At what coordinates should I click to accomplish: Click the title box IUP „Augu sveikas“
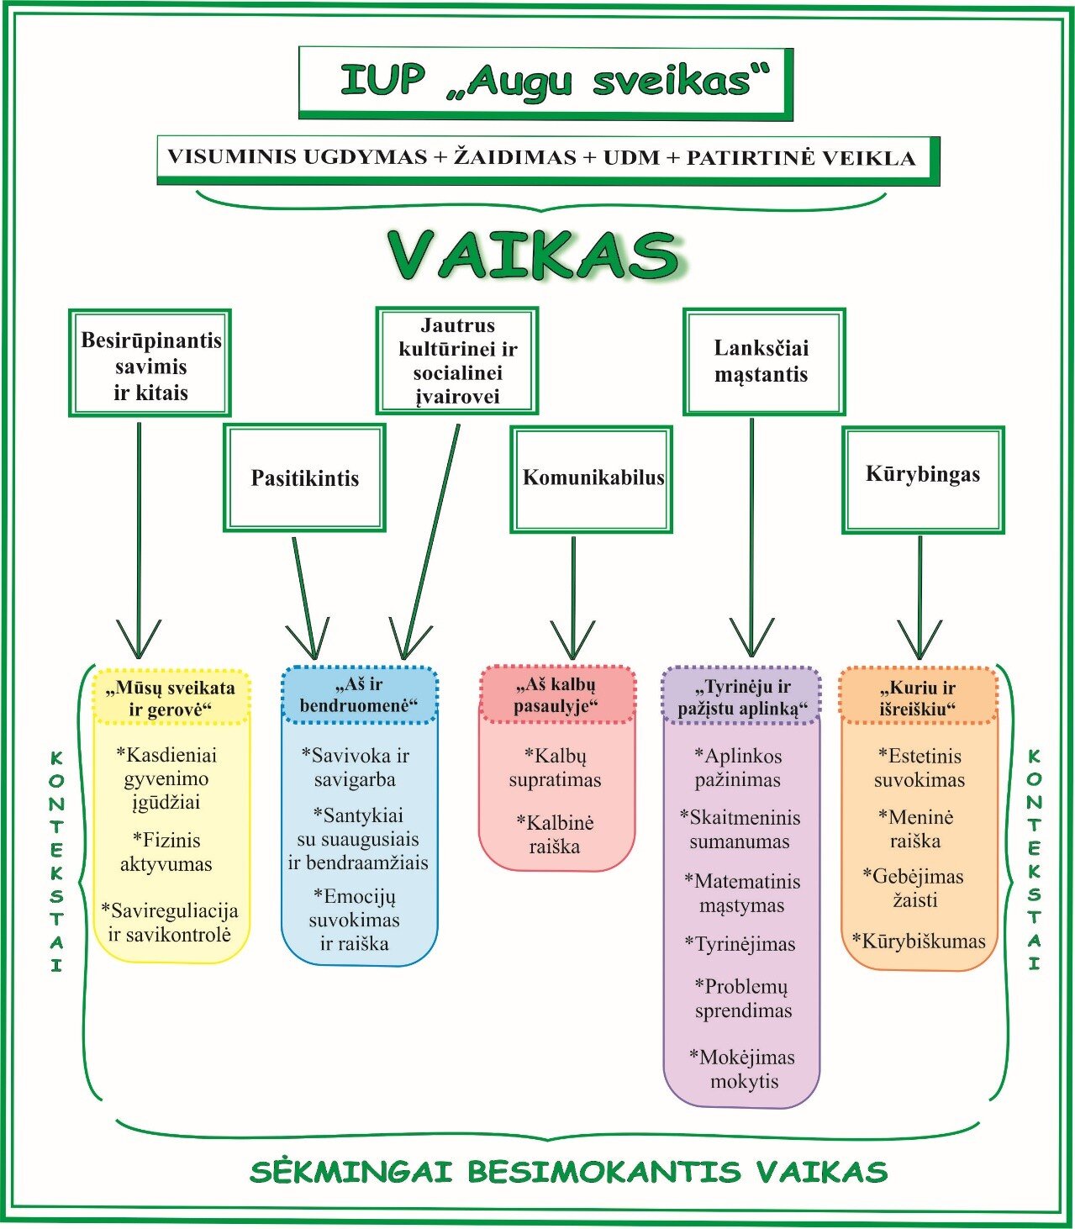click(x=545, y=82)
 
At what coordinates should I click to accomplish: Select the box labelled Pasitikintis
click(x=304, y=477)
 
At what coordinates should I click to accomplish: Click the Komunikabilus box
click(x=592, y=478)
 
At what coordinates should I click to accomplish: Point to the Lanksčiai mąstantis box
click(x=763, y=361)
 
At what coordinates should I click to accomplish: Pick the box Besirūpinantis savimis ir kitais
click(x=150, y=362)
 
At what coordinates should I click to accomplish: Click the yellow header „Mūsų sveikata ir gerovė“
click(x=171, y=698)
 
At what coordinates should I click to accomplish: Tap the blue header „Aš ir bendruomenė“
click(x=359, y=695)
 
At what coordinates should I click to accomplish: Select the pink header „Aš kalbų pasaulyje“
click(x=556, y=695)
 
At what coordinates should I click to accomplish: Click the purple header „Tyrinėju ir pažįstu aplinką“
click(x=740, y=697)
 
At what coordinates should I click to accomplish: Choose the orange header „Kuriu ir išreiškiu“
click(x=918, y=698)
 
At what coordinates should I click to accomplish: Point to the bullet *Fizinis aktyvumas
click(x=166, y=852)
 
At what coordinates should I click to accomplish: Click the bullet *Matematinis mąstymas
click(x=742, y=893)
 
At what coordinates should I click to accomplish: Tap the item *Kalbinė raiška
click(x=555, y=834)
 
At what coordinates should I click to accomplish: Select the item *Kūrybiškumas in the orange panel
click(x=919, y=941)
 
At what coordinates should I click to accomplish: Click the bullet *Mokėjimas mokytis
click(x=743, y=1068)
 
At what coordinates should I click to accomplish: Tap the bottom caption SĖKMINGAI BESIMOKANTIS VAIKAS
click(x=568, y=1171)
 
